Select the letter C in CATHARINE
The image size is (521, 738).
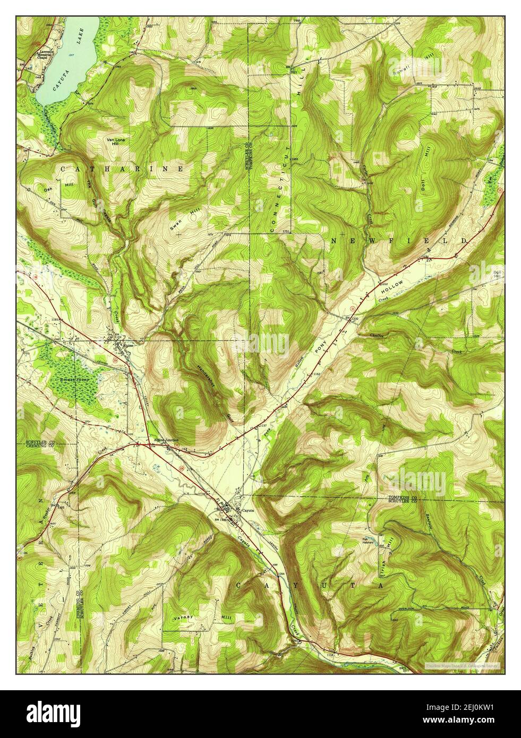(63, 168)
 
